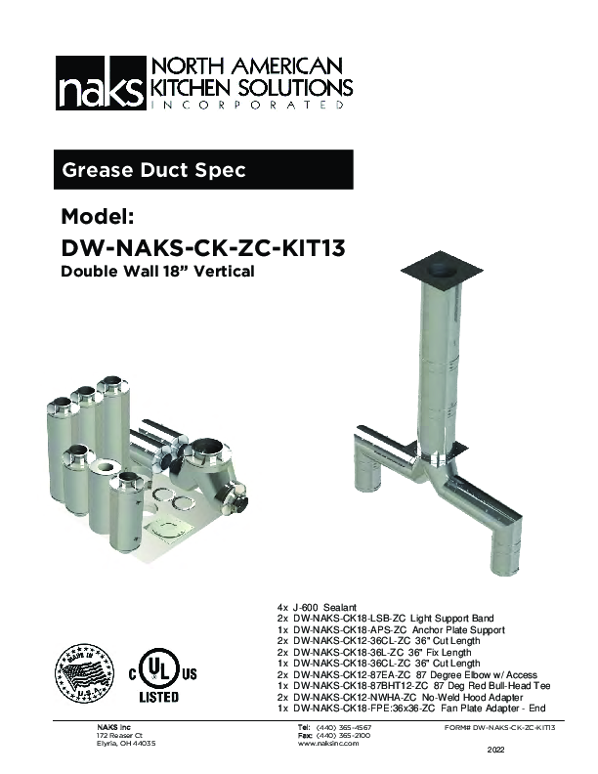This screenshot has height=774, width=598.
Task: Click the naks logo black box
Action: click(99, 86)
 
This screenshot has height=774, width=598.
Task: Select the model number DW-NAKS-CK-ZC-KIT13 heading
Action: click(202, 248)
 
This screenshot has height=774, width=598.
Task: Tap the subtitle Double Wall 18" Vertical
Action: click(157, 272)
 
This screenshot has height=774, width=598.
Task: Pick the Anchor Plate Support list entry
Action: click(391, 630)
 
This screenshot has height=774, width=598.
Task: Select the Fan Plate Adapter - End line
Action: click(410, 709)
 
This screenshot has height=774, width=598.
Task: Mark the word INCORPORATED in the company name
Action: click(248, 104)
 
